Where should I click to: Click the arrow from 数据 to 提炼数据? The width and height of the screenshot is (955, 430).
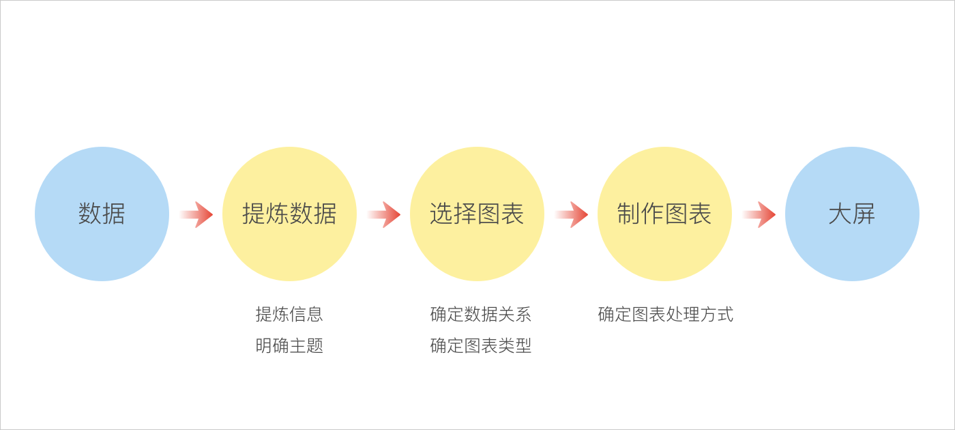pyautogui.click(x=196, y=214)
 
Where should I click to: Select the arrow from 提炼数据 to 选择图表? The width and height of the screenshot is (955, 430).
pyautogui.click(x=384, y=214)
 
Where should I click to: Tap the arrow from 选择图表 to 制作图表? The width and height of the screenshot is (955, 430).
pyautogui.click(x=572, y=214)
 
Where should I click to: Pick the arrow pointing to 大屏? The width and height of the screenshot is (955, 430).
pyautogui.click(x=759, y=214)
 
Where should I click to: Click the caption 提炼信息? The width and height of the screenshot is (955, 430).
pyautogui.click(x=289, y=314)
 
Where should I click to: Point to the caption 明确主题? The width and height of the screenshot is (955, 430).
pyautogui.click(x=289, y=346)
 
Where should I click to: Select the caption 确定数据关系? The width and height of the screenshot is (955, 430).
pyautogui.click(x=480, y=314)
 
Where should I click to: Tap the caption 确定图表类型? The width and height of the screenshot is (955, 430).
pyautogui.click(x=480, y=346)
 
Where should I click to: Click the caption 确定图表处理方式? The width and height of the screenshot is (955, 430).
pyautogui.click(x=665, y=314)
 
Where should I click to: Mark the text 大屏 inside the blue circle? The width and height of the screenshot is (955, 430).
pyautogui.click(x=852, y=214)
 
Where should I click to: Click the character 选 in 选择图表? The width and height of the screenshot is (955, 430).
pyautogui.click(x=441, y=214)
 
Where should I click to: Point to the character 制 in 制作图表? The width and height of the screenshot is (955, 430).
pyautogui.click(x=629, y=214)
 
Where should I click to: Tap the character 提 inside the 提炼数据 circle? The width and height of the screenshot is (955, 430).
pyautogui.click(x=254, y=214)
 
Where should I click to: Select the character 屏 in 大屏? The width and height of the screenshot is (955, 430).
pyautogui.click(x=864, y=214)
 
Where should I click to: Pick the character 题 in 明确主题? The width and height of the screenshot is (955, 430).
pyautogui.click(x=315, y=346)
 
